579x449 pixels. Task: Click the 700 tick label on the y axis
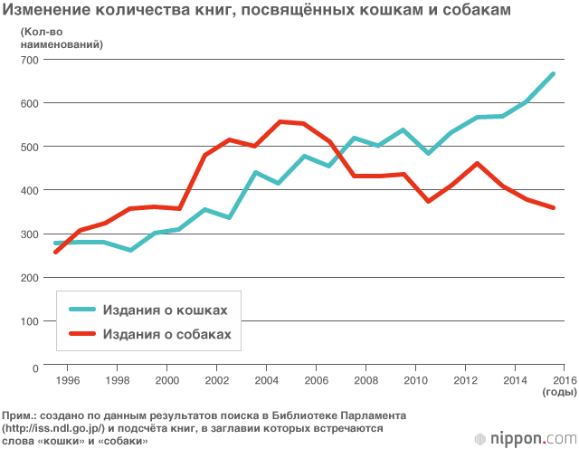30,60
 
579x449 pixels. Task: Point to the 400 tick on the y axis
30,190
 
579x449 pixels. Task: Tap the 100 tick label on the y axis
30,321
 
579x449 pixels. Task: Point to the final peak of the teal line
553,73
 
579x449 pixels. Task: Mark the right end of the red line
553,208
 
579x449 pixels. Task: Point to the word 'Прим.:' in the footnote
23,414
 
